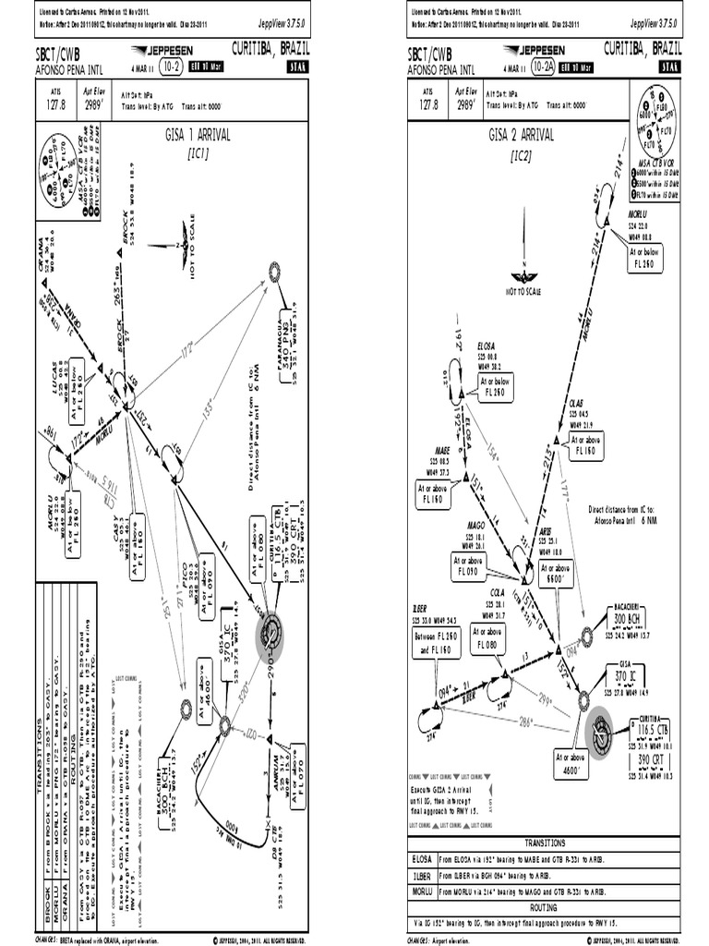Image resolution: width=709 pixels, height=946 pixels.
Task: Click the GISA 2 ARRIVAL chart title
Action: [522, 135]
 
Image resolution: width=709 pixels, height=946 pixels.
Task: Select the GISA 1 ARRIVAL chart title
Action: [198, 135]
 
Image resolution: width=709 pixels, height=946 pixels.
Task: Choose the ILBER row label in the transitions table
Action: [422, 875]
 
